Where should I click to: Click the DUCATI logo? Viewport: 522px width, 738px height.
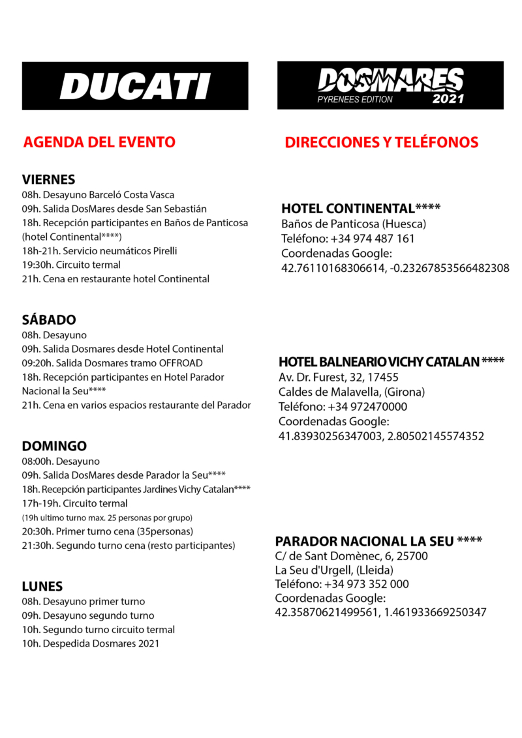pyautogui.click(x=135, y=86)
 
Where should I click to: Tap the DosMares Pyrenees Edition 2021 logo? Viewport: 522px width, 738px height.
pyautogui.click(x=390, y=86)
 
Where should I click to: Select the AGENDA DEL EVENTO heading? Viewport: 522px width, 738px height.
pyautogui.click(x=99, y=142)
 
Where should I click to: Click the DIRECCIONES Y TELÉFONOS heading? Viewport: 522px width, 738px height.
pyautogui.click(x=382, y=142)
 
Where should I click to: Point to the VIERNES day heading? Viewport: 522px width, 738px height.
pyautogui.click(x=48, y=179)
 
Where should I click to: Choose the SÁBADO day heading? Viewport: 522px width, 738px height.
pyautogui.click(x=49, y=320)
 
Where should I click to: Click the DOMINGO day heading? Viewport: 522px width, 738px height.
pyautogui.click(x=54, y=447)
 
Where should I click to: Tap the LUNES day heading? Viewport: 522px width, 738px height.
pyautogui.click(x=42, y=587)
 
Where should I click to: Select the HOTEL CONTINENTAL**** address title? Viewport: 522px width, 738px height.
pyautogui.click(x=361, y=209)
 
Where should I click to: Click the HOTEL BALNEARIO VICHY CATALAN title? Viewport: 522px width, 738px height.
pyautogui.click(x=391, y=362)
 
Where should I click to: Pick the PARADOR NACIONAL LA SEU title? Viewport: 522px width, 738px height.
pyautogui.click(x=378, y=542)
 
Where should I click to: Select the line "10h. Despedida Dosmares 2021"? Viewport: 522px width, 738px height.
pyautogui.click(x=91, y=644)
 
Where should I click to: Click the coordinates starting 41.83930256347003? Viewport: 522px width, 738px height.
pyautogui.click(x=381, y=436)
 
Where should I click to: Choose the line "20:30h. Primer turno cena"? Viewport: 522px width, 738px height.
pyautogui.click(x=108, y=531)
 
